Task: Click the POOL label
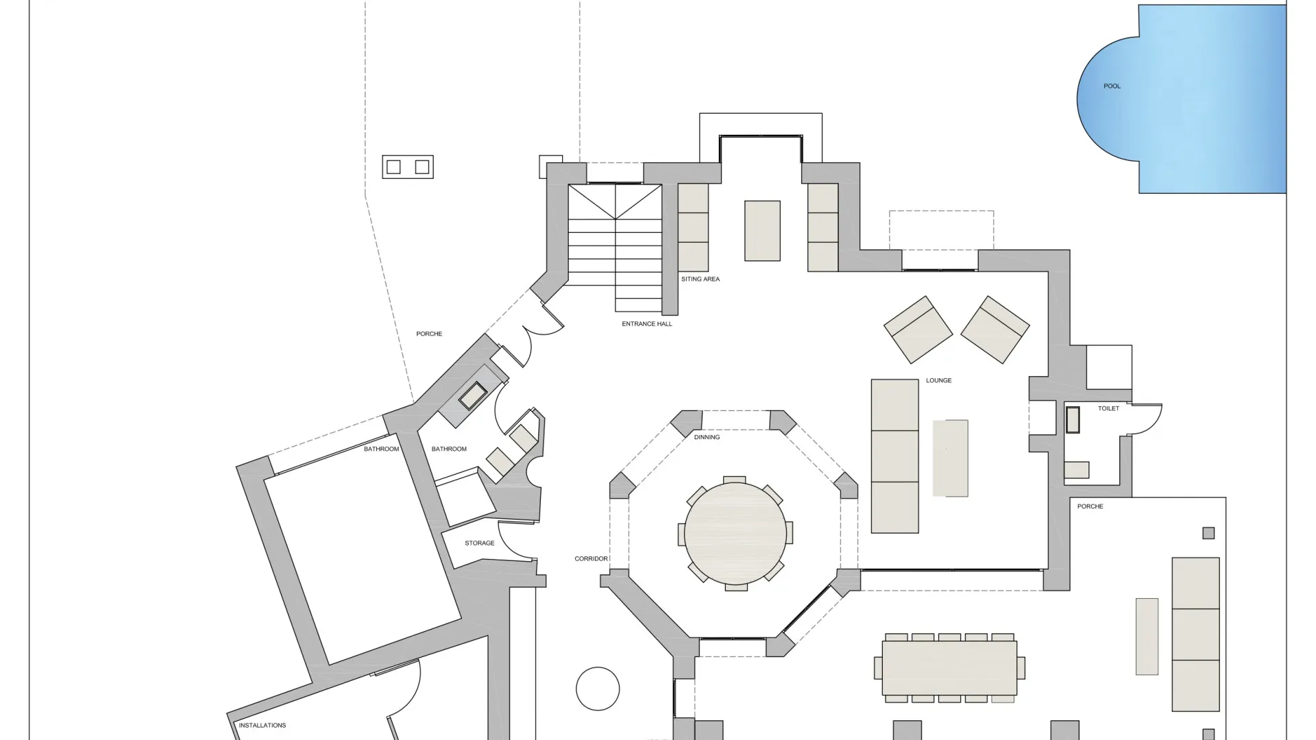point(1112,86)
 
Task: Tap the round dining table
point(735,533)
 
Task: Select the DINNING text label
point(707,437)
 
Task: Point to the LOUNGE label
point(938,380)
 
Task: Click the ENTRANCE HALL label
point(646,324)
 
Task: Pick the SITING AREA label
point(700,280)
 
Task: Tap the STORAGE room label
point(479,543)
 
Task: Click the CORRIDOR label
point(591,559)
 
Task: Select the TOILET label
point(1108,408)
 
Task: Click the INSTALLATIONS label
point(262,726)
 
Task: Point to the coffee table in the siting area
point(762,231)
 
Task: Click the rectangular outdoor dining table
point(949,668)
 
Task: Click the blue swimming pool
point(1182,99)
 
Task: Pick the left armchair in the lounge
point(918,330)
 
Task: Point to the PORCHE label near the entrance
point(429,334)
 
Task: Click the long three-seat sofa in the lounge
point(894,456)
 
